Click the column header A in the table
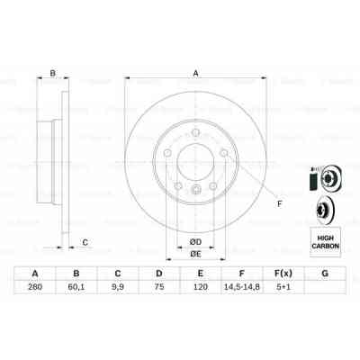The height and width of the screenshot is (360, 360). (34, 273)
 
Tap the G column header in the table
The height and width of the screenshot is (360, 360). (323, 273)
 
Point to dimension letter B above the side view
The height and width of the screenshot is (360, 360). (52, 74)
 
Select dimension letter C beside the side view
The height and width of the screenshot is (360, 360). (85, 241)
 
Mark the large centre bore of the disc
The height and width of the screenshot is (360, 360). (194, 162)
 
